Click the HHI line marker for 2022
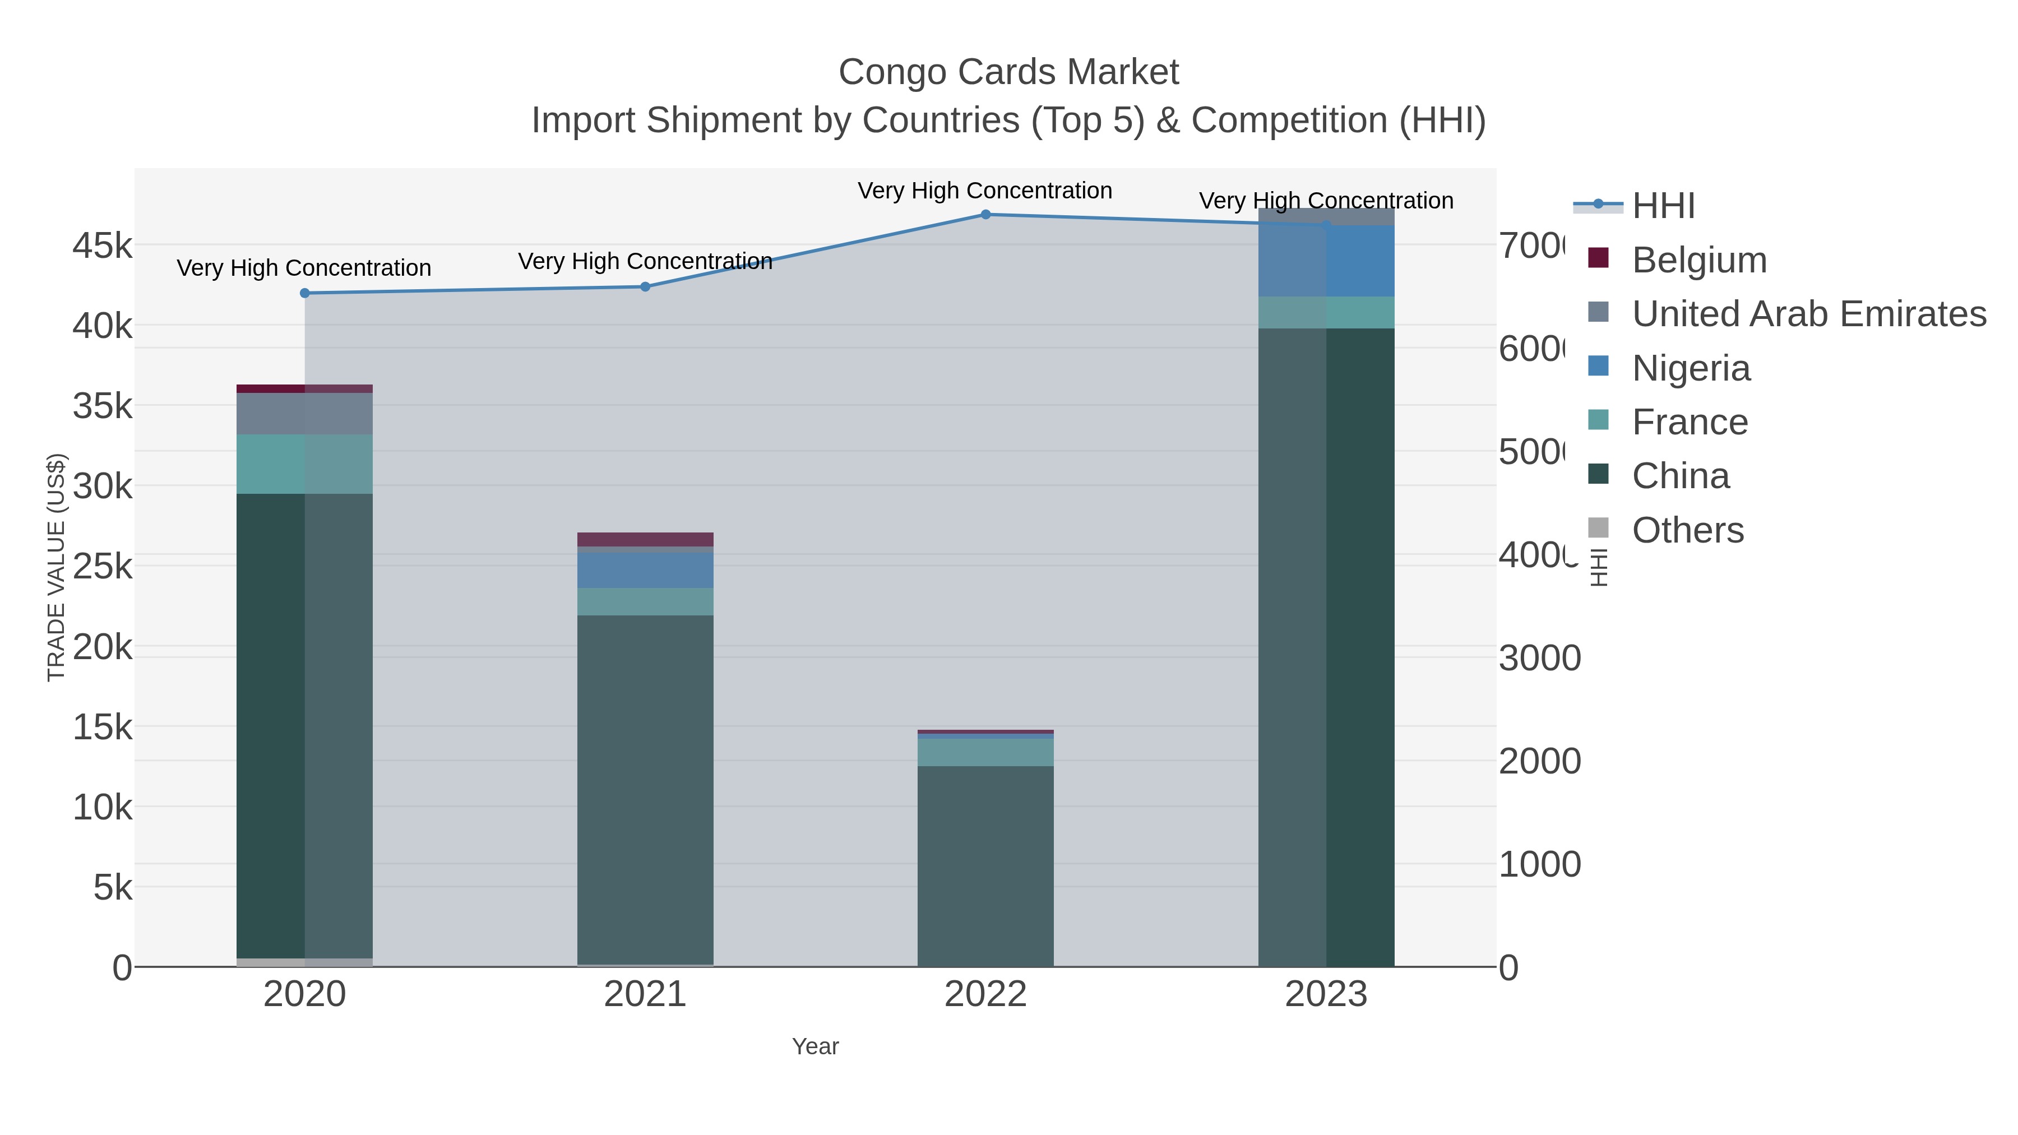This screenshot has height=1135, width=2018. pos(985,215)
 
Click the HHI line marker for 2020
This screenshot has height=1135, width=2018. pos(305,293)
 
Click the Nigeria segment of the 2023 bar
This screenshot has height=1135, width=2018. pos(1326,261)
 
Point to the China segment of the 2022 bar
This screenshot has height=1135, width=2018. pos(985,865)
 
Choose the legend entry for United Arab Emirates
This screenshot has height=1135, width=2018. pos(1808,313)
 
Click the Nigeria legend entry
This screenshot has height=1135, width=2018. pos(1691,368)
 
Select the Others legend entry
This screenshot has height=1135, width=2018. pos(1687,530)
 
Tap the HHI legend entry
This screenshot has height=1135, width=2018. pos(1663,206)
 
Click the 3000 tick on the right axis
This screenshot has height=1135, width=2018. pos(1539,658)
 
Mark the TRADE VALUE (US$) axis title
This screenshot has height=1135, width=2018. pos(57,567)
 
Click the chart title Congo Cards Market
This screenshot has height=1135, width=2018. pos(1008,72)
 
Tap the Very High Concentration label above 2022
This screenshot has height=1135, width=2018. pos(985,191)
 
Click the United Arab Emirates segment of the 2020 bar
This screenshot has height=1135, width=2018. pos(305,414)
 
